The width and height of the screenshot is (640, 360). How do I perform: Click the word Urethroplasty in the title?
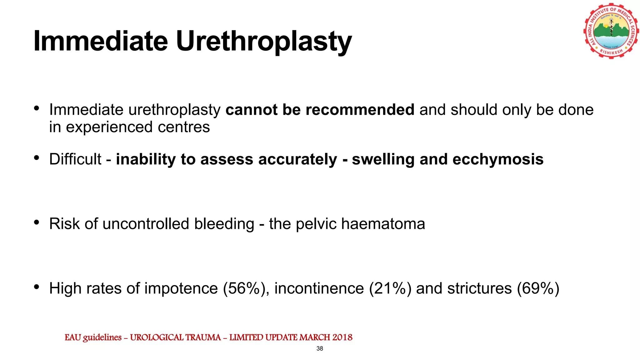coord(264,41)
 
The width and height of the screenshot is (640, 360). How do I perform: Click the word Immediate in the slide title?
coord(101,41)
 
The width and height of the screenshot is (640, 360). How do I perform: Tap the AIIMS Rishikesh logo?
coord(611,31)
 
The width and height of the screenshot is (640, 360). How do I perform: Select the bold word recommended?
coord(360,110)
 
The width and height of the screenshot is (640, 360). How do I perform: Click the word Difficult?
coord(75,159)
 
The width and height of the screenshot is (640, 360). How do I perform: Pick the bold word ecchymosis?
coord(498,159)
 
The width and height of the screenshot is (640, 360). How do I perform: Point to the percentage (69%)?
coord(538,288)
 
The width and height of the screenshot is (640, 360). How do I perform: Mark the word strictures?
coord(479,288)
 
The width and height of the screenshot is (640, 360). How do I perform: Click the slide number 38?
coord(320,348)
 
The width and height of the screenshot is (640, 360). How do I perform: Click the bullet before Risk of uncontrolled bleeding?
coord(37,222)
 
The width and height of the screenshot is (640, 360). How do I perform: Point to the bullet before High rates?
coord(37,287)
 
